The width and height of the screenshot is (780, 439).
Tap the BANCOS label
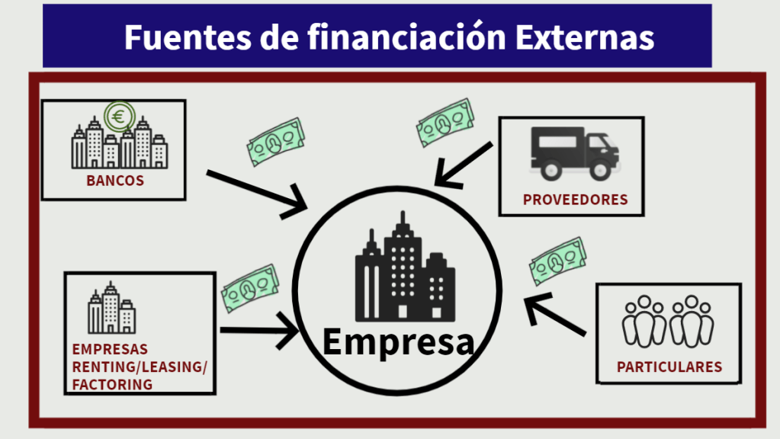(x=115, y=181)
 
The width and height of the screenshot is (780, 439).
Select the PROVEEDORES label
(x=575, y=200)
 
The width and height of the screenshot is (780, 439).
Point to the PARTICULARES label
(x=669, y=367)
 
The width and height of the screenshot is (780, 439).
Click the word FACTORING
(x=112, y=384)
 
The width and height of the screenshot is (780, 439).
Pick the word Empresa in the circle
(x=398, y=341)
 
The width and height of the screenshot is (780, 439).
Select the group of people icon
(x=668, y=321)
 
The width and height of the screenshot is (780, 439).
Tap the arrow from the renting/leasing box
(x=259, y=331)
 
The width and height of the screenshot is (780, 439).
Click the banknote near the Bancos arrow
(x=275, y=142)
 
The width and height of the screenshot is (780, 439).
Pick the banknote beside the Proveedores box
(x=445, y=123)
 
